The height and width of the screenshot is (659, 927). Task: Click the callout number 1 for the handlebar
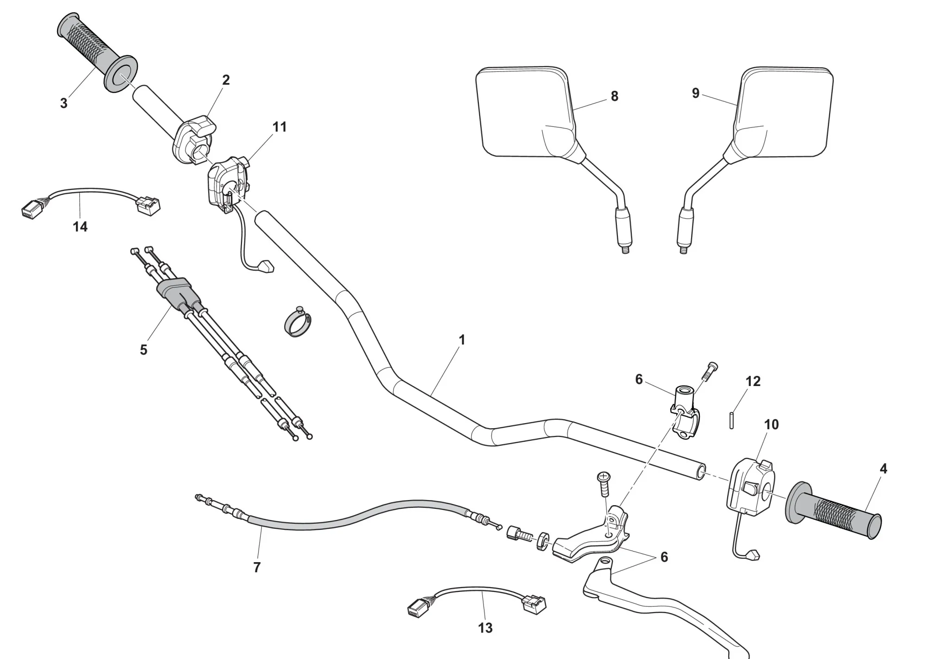(x=461, y=340)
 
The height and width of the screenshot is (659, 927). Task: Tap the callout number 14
(x=80, y=227)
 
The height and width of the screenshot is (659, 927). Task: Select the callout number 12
(x=753, y=381)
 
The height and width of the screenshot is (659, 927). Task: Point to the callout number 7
(x=257, y=567)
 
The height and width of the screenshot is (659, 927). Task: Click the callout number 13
(x=485, y=628)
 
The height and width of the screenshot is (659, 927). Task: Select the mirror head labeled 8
(x=524, y=111)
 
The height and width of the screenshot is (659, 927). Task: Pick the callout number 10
(x=771, y=424)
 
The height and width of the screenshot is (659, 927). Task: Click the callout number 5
(x=143, y=350)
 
